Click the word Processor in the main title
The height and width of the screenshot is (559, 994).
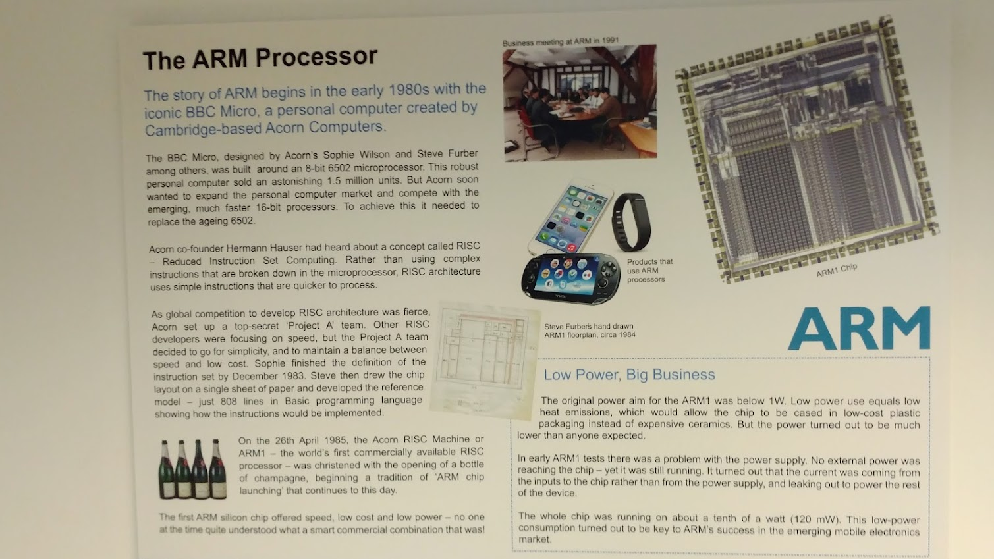[316, 57]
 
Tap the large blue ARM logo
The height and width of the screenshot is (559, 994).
[859, 329]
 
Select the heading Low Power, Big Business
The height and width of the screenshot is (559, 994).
[629, 375]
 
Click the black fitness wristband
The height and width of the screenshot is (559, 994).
[631, 222]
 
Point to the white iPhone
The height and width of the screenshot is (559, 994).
[570, 217]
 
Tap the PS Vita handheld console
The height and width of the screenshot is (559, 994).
[570, 278]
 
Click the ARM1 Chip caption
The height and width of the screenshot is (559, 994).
[837, 270]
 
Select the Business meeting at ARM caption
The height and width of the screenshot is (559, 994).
[561, 41]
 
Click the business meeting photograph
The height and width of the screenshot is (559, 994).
[580, 103]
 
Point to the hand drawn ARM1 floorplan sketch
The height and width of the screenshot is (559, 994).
[485, 361]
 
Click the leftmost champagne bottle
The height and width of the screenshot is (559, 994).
[166, 469]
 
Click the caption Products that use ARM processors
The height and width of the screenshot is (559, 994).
[649, 271]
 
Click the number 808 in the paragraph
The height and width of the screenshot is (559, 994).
[230, 402]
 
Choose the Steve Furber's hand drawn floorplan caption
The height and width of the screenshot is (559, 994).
[590, 331]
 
